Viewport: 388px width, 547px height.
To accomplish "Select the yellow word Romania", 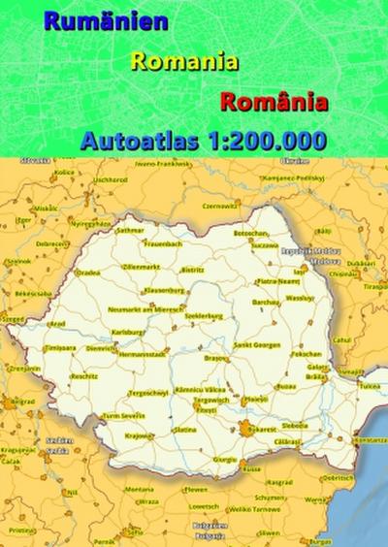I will point(184,61).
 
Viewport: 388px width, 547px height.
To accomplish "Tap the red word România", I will point(275,101).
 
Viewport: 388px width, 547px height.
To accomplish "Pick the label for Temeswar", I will point(60,346).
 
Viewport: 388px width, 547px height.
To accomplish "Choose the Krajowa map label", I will point(139,435).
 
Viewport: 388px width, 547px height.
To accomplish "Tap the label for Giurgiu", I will point(225,459).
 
